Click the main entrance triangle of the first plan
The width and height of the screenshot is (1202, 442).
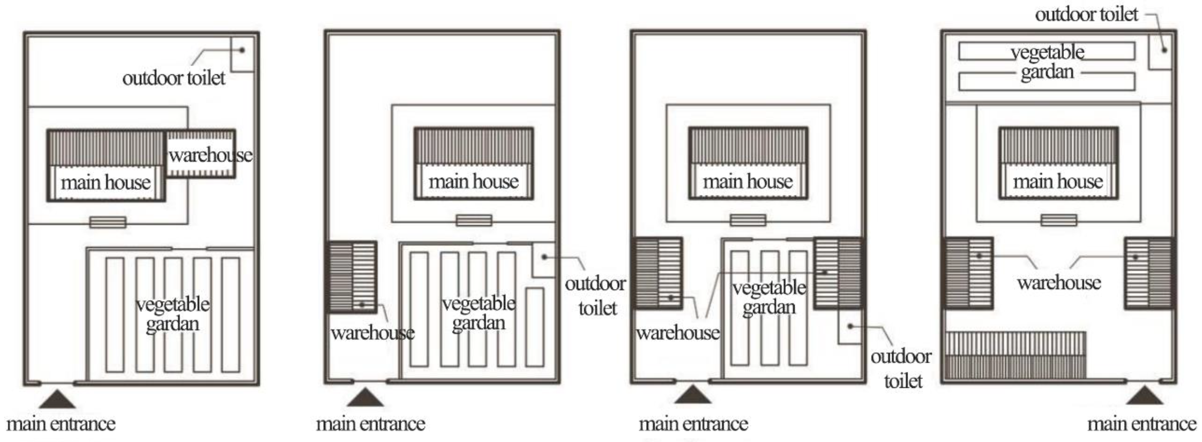(x=57, y=400)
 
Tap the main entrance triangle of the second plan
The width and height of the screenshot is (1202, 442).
(x=365, y=398)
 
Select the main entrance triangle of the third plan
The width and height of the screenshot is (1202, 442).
(x=693, y=395)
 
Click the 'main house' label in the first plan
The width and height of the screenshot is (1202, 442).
(x=106, y=182)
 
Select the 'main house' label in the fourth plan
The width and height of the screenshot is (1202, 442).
(x=1058, y=181)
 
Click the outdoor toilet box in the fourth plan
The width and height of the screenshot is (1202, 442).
(x=1160, y=50)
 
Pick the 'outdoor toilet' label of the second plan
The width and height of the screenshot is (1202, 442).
(x=596, y=296)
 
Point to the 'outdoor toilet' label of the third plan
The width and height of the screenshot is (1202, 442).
(x=902, y=369)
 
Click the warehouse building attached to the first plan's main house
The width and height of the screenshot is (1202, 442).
(x=201, y=154)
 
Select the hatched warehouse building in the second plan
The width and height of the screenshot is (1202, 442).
(x=352, y=277)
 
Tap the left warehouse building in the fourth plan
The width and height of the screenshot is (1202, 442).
(x=968, y=273)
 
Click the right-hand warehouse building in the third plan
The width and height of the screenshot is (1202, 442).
(x=838, y=273)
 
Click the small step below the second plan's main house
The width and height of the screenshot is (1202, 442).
(x=474, y=220)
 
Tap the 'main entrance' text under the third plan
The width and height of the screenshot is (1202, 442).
(x=693, y=424)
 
